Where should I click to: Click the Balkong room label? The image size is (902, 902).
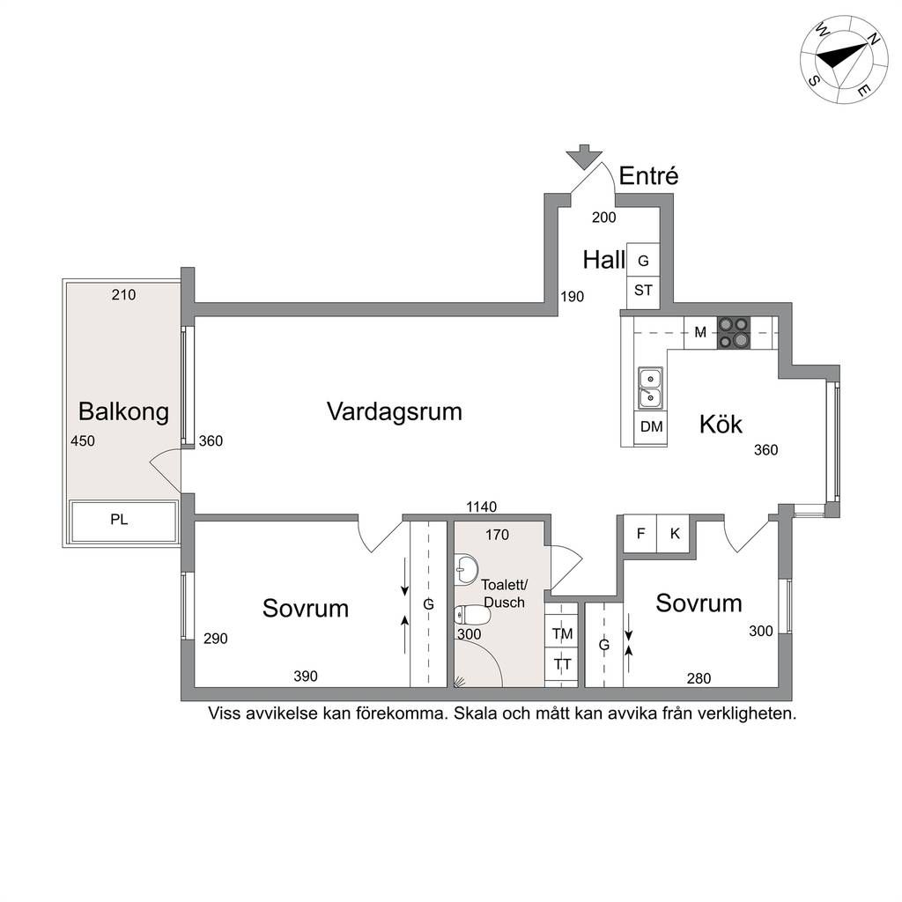coord(123,412)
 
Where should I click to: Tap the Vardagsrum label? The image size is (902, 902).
coord(395,412)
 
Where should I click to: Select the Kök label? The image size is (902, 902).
coord(721,424)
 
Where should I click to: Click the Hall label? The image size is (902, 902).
coord(603,260)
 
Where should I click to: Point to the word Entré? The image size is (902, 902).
coord(648,175)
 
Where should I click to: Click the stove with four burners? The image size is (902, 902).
coord(734,332)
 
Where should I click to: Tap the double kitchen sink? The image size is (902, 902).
coord(650,388)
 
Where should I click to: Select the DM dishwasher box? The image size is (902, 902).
coord(651,427)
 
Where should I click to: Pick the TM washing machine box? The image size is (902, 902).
coord(561,633)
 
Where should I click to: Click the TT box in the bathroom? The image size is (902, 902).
coord(561,664)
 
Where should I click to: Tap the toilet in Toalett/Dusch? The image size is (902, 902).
coord(472,616)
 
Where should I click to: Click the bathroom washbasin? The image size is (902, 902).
coord(465,568)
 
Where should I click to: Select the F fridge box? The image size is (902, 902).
coord(640,534)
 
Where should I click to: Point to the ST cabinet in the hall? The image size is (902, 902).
coord(643,291)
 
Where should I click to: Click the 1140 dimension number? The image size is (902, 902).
coord(482,506)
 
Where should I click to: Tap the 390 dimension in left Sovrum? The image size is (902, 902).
coord(306,676)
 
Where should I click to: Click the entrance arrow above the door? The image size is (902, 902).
coord(584,157)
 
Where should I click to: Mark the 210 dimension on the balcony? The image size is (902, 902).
coord(123,295)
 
